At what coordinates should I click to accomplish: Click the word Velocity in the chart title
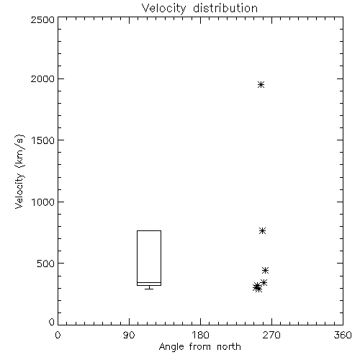[163, 9]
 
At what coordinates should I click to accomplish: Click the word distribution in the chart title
[225, 8]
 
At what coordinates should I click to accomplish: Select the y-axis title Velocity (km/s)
[19, 171]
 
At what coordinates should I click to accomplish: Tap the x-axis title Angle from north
[199, 346]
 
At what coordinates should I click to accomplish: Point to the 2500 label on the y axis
[42, 19]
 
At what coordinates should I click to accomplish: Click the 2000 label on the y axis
[42, 78]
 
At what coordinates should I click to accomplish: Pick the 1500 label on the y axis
[43, 140]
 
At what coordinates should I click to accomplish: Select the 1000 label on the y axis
[43, 202]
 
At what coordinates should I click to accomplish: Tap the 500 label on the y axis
[46, 264]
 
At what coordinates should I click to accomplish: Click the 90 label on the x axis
[129, 335]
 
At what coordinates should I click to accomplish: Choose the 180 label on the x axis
[200, 335]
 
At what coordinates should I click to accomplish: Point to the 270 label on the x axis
[271, 335]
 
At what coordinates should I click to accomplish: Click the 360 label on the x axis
[343, 335]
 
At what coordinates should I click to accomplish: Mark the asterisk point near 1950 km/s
[261, 84]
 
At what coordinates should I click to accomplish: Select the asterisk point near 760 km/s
[262, 230]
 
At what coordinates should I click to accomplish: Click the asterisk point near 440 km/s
[265, 270]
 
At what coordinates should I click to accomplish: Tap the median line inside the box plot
[149, 282]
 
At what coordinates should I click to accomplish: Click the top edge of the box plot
[149, 230]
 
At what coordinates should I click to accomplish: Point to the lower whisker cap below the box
[149, 289]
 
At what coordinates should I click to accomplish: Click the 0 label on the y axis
[52, 322]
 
